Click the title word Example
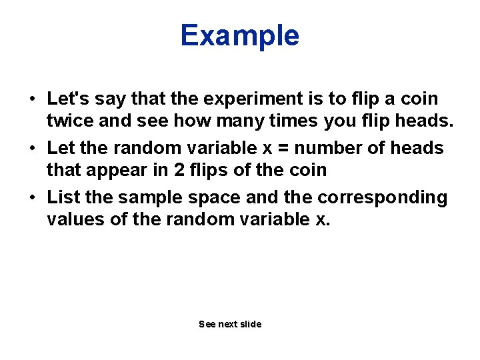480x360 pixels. (x=239, y=35)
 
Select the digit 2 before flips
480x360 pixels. (x=179, y=170)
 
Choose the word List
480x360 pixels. (x=63, y=197)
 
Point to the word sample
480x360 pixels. (x=148, y=197)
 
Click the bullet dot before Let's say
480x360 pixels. (x=31, y=99)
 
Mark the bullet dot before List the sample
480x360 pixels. (x=31, y=198)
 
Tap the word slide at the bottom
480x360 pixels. (x=251, y=324)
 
